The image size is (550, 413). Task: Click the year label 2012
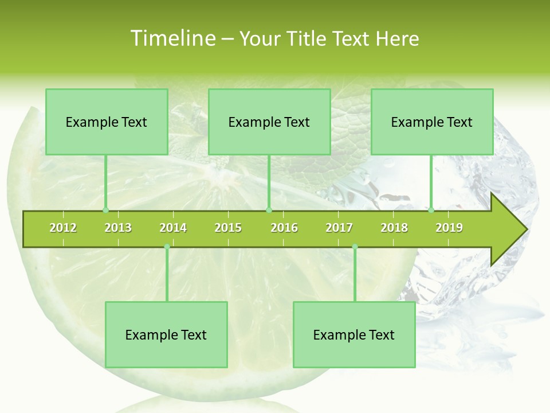pos(63,228)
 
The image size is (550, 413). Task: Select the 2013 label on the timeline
pos(118,228)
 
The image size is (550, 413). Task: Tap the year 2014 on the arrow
pos(173,228)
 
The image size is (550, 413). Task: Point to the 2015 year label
pos(228,228)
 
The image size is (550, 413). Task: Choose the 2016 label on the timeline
pos(284,228)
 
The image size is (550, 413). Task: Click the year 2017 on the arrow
pos(339,228)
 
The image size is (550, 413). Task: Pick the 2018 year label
pos(394,228)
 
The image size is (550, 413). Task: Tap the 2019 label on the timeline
pos(449,228)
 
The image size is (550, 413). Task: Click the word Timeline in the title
pos(172,38)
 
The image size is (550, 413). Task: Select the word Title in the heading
pos(309,38)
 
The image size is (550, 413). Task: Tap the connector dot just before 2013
pos(105,210)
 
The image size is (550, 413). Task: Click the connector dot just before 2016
pos(269,210)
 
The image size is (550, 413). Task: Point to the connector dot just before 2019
pos(431,210)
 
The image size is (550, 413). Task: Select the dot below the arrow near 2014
pos(167,247)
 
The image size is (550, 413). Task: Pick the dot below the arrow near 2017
pos(355,247)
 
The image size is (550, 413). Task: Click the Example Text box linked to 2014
pos(166,334)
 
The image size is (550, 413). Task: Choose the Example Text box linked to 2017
pos(354,334)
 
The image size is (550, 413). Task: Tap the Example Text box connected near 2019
pos(432,122)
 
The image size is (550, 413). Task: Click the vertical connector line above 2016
pos(269,182)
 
